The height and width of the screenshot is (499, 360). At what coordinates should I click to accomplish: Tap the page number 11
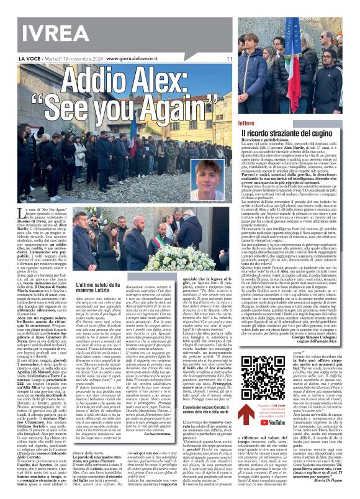pyautogui.click(x=229, y=59)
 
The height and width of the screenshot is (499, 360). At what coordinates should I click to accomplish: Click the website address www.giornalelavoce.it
pyautogui.click(x=138, y=59)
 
